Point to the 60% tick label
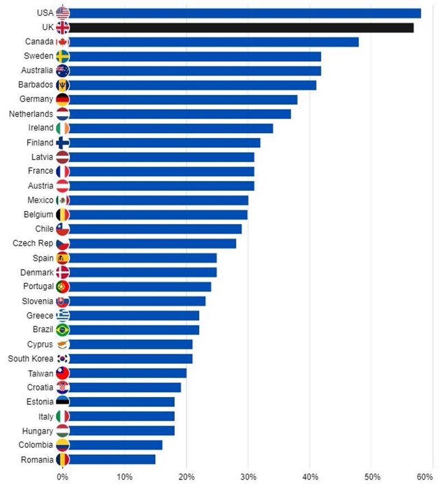[424, 477]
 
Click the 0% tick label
[62, 477]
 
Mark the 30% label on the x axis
[248, 477]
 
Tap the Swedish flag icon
[63, 56]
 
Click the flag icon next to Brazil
[63, 330]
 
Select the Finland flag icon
[63, 143]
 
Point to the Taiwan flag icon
[63, 373]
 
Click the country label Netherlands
[31, 114]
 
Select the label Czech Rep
[33, 243]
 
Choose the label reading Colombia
[36, 445]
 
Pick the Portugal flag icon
[63, 286]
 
